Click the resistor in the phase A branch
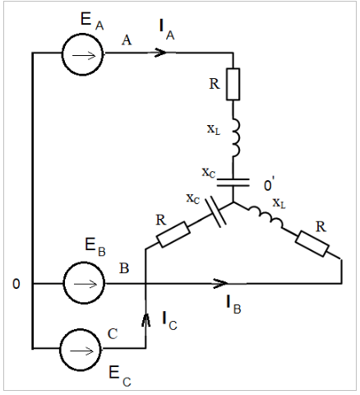[x=233, y=84]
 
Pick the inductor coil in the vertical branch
[x=236, y=137]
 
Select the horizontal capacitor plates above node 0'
[x=233, y=183]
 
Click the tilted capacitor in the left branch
[x=215, y=211]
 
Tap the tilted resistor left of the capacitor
[x=173, y=235]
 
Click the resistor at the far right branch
[x=312, y=244]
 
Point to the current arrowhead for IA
[x=160, y=52]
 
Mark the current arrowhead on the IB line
[x=221, y=283]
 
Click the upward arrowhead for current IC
[x=145, y=319]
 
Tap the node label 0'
[x=269, y=184]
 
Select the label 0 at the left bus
[x=16, y=284]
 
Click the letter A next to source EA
[x=127, y=40]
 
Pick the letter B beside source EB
[x=124, y=268]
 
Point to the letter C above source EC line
[x=113, y=334]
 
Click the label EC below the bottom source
[x=120, y=376]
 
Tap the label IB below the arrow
[x=233, y=304]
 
